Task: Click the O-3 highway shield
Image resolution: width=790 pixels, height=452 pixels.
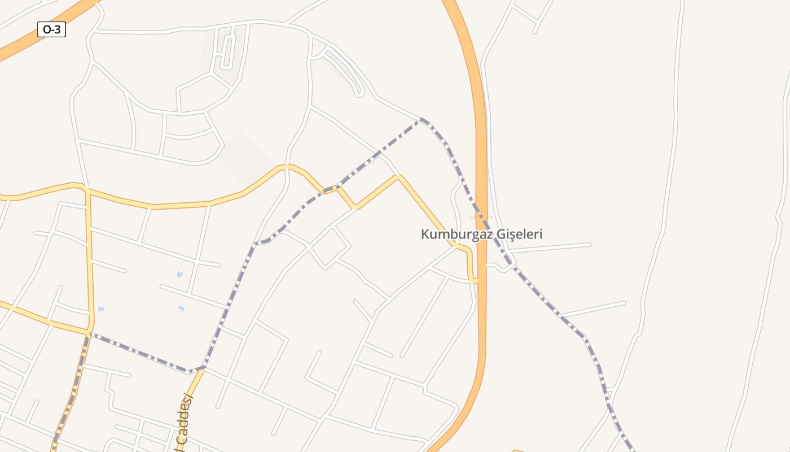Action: tap(51, 29)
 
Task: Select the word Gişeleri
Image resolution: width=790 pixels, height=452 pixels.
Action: tap(518, 234)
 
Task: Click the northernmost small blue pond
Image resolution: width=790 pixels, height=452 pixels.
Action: tap(180, 275)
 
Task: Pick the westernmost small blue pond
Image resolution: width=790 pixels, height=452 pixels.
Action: tap(101, 309)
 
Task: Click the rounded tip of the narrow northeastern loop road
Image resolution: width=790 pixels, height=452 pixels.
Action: tap(359, 94)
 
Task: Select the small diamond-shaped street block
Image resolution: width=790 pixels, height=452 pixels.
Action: tap(331, 247)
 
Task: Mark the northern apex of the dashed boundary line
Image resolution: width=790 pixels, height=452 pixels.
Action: tap(421, 119)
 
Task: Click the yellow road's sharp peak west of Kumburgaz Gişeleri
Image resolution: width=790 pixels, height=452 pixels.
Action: tap(398, 177)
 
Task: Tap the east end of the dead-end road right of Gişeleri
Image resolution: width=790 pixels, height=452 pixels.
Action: tap(590, 245)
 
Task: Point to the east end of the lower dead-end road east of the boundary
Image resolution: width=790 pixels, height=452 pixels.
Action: tap(624, 303)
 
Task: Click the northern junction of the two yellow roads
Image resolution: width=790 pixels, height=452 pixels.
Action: tap(87, 190)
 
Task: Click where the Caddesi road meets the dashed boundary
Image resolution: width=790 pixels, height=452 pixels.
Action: tap(203, 368)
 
